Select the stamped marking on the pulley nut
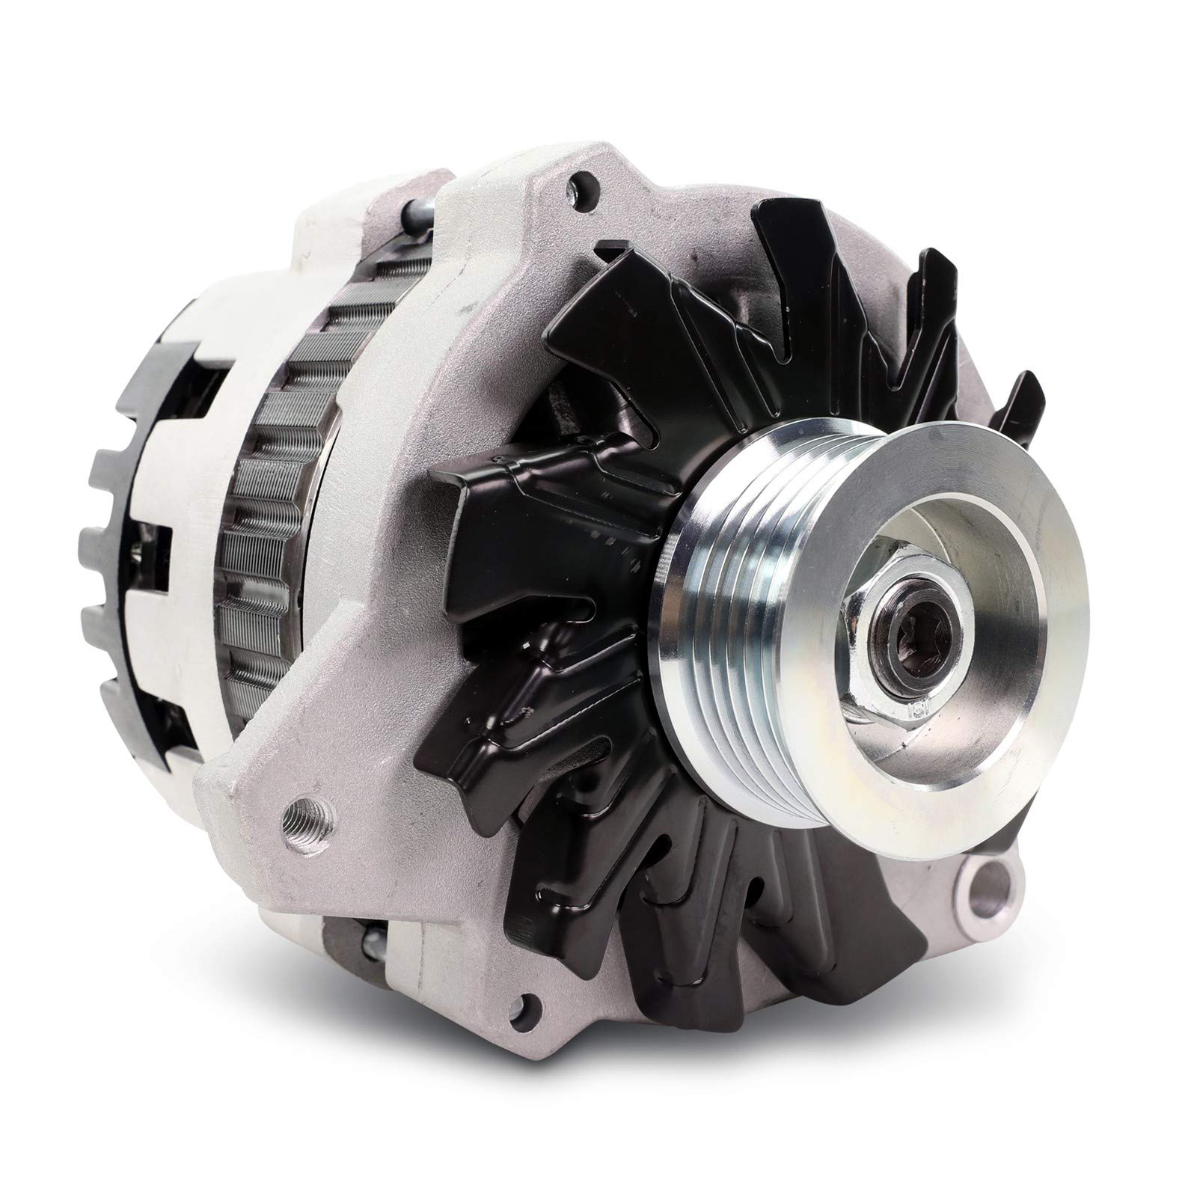[919, 707]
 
